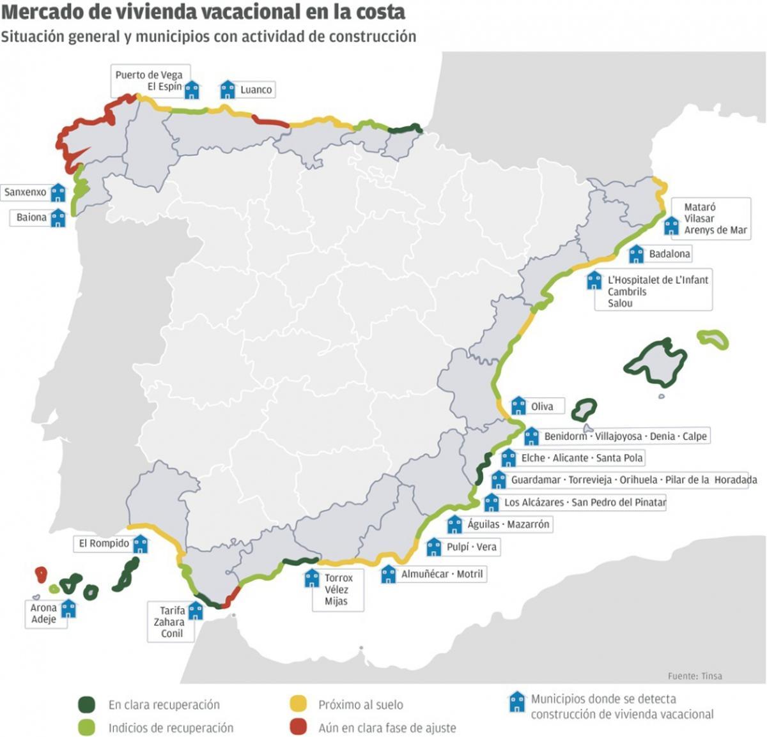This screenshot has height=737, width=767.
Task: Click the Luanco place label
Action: click(x=256, y=90)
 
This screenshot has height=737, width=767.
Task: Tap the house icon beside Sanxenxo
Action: click(x=58, y=192)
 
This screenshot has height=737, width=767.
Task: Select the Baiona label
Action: click(x=31, y=217)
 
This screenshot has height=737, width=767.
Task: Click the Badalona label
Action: click(x=669, y=254)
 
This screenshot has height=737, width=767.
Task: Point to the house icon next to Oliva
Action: click(x=518, y=406)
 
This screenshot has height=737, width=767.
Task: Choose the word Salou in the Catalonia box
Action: click(x=620, y=303)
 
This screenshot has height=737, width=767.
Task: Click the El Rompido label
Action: click(x=104, y=543)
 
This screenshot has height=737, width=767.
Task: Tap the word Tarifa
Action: click(x=172, y=610)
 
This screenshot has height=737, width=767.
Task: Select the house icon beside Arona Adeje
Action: click(x=68, y=609)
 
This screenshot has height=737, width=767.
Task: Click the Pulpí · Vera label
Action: click(x=472, y=547)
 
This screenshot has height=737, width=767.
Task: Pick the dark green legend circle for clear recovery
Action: click(x=86, y=704)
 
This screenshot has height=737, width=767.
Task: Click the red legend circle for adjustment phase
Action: click(x=298, y=727)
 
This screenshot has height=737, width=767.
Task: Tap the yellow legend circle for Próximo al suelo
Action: click(x=298, y=704)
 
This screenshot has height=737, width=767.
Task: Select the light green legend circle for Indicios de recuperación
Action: click(x=86, y=727)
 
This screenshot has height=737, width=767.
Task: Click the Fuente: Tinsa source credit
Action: click(x=695, y=676)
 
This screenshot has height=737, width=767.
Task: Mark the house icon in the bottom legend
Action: click(x=516, y=703)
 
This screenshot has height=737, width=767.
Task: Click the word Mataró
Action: click(x=700, y=207)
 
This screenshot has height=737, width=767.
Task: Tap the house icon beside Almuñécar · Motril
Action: click(x=389, y=574)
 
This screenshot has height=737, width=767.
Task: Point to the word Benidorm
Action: click(x=565, y=436)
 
